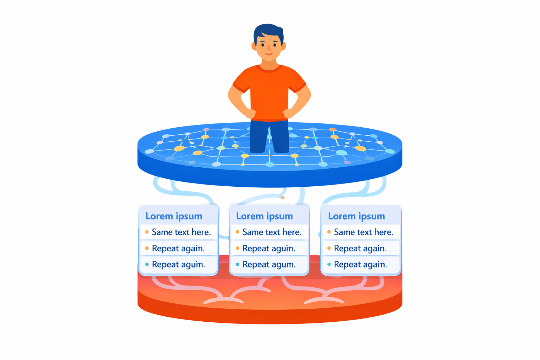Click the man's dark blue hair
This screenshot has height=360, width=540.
tap(268, 31)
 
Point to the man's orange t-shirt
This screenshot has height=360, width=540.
tap(269, 91)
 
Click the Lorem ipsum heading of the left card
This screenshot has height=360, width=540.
tap(174, 216)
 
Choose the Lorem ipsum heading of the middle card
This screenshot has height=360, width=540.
tap(264, 216)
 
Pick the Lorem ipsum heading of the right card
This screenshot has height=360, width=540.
tap(356, 216)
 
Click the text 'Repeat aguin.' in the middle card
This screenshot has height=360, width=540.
tap(269, 249)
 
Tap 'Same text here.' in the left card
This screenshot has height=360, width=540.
tap(181, 232)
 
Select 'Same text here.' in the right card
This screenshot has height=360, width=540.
tap(364, 232)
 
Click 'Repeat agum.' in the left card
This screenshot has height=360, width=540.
tap(178, 265)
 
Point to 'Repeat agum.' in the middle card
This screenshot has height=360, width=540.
tap(269, 265)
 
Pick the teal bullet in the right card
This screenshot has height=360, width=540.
tap(329, 264)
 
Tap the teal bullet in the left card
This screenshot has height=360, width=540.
tap(147, 264)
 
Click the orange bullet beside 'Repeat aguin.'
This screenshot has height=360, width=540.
tap(238, 248)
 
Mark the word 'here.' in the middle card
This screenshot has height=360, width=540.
tap(292, 232)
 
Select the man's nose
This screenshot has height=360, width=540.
tap(269, 48)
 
